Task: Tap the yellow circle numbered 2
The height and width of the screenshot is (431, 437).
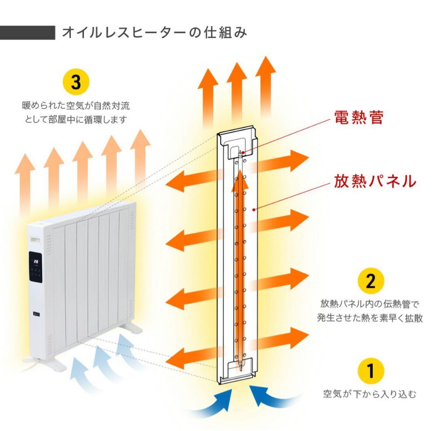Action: pos(371,281)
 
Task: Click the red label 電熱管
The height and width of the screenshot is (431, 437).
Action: pos(359,118)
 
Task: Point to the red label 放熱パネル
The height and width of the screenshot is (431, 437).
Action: pos(375,182)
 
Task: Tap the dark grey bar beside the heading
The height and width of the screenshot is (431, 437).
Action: pos(28,33)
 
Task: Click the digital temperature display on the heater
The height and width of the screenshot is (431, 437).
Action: pos(36,262)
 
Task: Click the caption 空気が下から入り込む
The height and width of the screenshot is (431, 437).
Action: pos(369,393)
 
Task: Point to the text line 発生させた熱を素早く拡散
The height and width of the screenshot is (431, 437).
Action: pos(369,318)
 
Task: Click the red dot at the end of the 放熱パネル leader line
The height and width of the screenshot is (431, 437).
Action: pos(254,209)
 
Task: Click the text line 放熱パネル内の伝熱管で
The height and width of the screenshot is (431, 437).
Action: pos(369,304)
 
